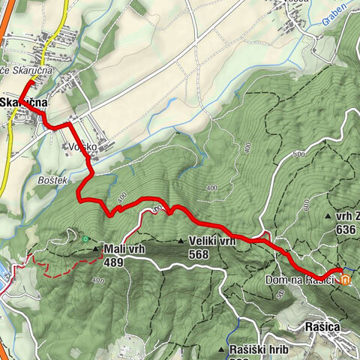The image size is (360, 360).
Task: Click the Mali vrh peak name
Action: (x=124, y=249)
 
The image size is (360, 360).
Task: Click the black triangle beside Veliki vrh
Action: (x=181, y=241)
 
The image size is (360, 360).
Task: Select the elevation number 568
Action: (x=199, y=254)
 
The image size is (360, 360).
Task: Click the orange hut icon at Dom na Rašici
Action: (x=345, y=281)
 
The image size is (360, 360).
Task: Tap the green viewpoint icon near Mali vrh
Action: (x=86, y=240)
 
